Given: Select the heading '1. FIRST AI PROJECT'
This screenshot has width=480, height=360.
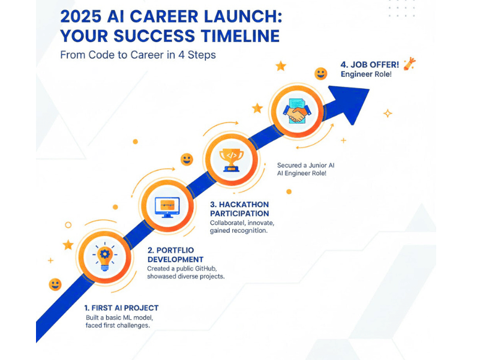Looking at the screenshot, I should point(122,308).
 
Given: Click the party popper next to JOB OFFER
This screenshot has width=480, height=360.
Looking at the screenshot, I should point(410,63).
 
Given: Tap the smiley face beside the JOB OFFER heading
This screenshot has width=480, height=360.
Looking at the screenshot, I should point(321,74).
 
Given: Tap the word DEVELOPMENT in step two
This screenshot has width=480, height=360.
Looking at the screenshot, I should point(175,259).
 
